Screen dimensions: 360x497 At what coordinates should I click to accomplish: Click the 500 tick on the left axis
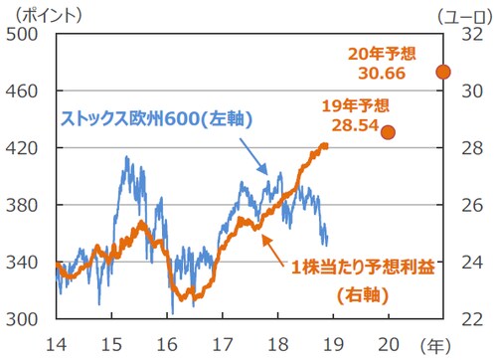(x=24, y=33)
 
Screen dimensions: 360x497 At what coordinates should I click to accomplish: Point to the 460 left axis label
(x=24, y=90)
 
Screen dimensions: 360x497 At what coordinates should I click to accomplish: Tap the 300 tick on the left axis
(x=24, y=319)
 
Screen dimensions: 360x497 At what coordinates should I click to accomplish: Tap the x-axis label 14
(x=59, y=341)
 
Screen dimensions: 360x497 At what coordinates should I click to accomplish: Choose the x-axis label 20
(x=388, y=341)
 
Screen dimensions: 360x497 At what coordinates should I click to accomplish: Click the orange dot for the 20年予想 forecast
(x=443, y=72)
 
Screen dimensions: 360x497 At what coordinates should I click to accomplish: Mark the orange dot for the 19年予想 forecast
(x=388, y=132)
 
